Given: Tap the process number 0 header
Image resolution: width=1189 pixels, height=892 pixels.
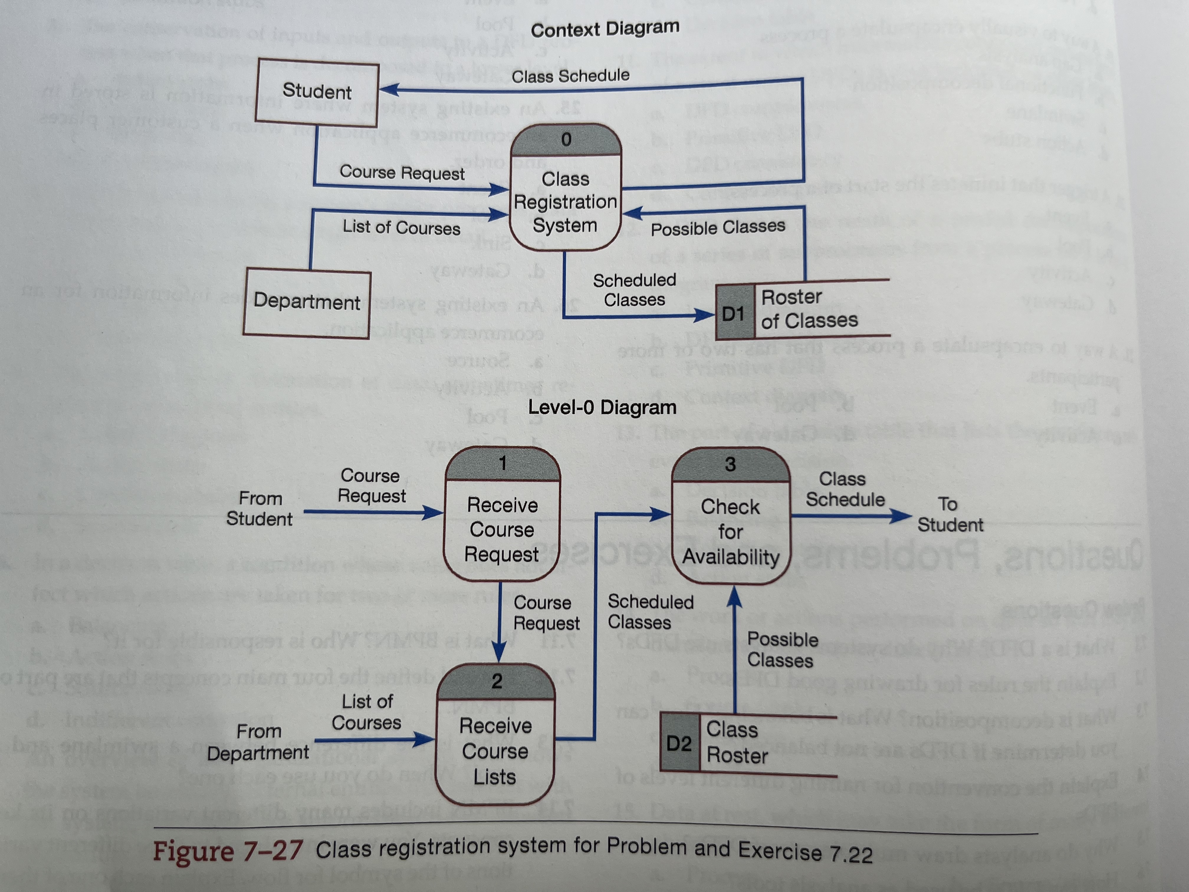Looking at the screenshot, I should point(566,140).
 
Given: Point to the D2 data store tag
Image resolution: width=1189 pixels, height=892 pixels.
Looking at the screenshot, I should point(679,744).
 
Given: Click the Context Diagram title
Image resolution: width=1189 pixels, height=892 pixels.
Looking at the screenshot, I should point(605,29).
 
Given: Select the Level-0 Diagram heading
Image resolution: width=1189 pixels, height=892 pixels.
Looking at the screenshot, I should point(602,407).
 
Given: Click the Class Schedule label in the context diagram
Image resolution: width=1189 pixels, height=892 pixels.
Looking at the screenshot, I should point(570,76).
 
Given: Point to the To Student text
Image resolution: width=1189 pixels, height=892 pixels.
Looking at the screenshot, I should point(949,514).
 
